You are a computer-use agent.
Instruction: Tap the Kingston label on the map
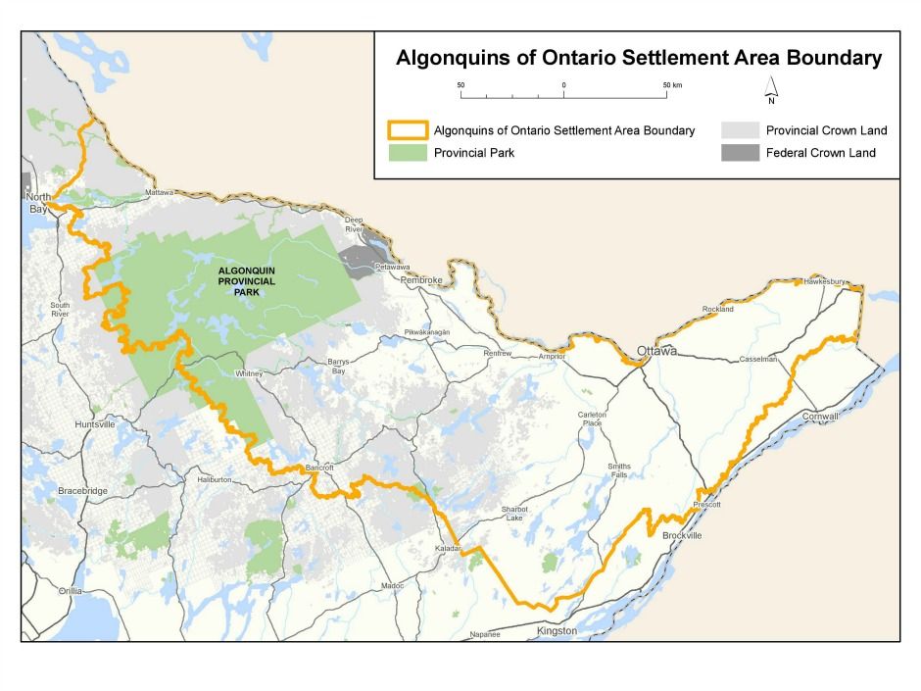point(557,631)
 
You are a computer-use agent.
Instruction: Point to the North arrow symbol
point(771,89)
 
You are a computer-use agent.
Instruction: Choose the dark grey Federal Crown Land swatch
point(740,153)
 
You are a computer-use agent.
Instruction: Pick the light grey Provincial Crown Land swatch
point(740,130)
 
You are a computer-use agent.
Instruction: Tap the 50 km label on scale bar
point(671,85)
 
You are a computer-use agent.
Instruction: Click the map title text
point(639,58)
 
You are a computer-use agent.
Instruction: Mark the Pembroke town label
point(422,280)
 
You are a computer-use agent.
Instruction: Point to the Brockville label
point(682,535)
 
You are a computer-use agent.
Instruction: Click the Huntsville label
point(95,424)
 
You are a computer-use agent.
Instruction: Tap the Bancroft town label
point(320,467)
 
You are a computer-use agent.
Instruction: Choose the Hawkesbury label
point(824,281)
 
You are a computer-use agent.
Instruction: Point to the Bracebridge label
point(80,489)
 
